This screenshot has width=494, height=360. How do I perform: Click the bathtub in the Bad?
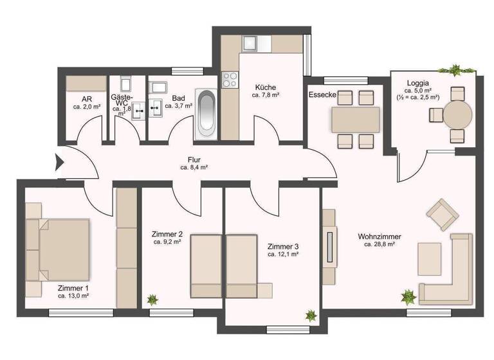(206, 113)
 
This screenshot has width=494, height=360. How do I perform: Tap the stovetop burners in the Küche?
(229, 80)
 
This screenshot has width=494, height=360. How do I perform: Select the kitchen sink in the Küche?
(250, 44)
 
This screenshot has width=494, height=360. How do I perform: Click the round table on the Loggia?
(457, 116)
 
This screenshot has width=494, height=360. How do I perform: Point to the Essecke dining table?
(356, 120)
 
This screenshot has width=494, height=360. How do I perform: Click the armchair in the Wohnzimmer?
(443, 214)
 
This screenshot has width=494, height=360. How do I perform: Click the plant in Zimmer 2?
(152, 299)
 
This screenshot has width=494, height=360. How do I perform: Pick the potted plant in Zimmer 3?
(311, 316)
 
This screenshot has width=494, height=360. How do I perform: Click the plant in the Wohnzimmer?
(408, 296)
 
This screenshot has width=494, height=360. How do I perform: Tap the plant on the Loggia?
(456, 69)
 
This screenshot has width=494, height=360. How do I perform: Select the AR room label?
(86, 99)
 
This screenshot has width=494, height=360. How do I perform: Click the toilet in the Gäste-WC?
(125, 84)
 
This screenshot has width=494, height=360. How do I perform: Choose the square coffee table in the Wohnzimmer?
(430, 257)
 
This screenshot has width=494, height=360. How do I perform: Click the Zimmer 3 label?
(283, 246)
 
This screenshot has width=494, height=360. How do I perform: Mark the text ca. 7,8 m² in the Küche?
(265, 94)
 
